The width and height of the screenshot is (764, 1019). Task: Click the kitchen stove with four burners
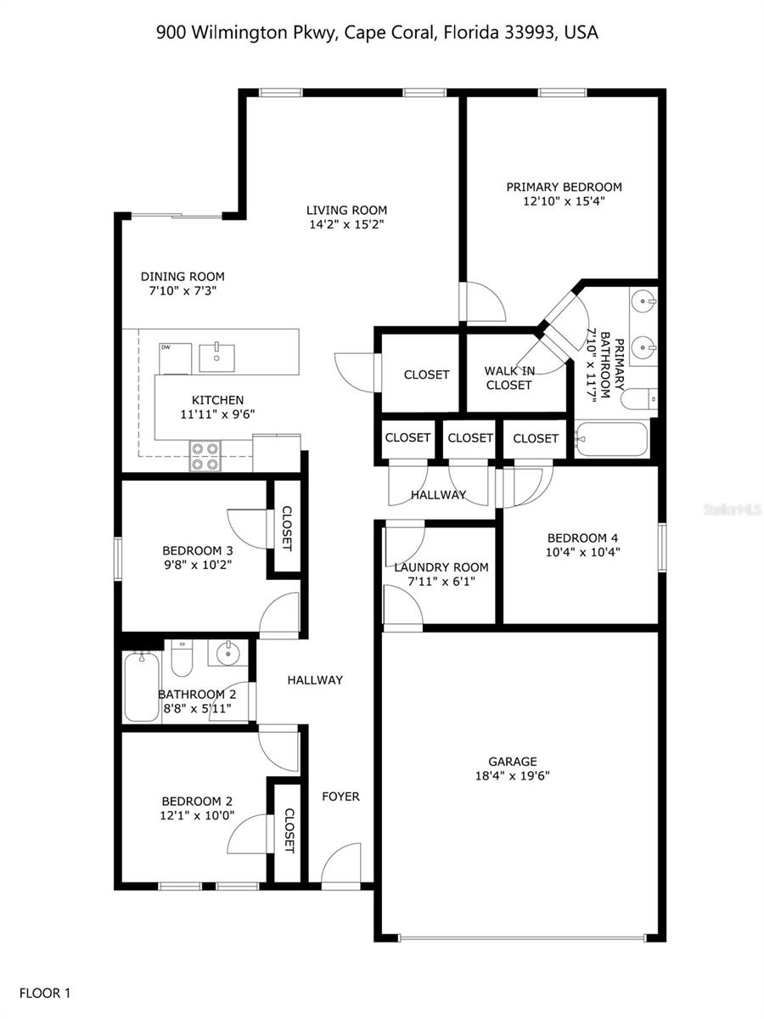[205, 456]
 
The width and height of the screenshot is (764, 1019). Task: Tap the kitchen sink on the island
[216, 357]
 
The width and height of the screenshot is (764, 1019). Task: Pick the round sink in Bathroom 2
[227, 654]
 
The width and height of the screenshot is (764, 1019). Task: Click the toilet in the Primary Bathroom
[638, 398]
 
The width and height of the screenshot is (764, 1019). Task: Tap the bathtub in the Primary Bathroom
[611, 440]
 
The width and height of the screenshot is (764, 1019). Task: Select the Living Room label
[346, 210]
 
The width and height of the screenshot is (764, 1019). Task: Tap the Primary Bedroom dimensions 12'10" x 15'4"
[564, 201]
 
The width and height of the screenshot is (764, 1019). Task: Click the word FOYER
[340, 797]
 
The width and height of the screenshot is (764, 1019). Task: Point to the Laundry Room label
[441, 567]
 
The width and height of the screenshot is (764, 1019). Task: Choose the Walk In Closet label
[509, 378]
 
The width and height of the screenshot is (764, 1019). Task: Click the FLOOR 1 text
[45, 992]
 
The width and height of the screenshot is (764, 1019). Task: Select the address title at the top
[378, 33]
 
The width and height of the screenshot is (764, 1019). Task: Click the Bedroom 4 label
[582, 538]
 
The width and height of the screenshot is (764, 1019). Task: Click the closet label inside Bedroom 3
[287, 529]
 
